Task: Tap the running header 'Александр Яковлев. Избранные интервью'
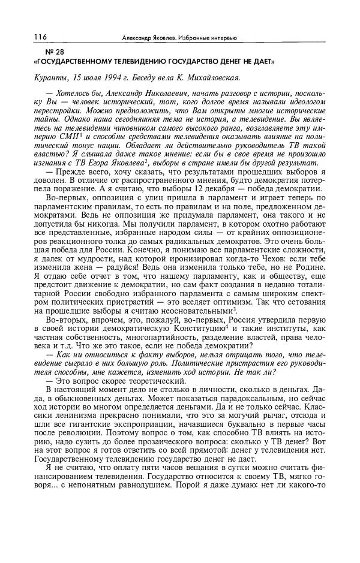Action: coord(179,38)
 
